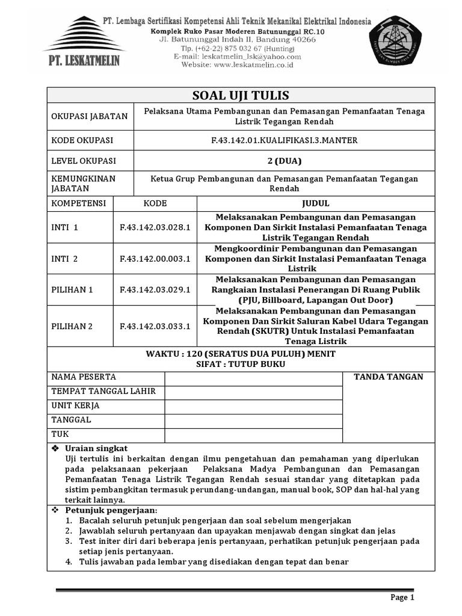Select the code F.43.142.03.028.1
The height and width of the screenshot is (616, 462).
click(x=155, y=228)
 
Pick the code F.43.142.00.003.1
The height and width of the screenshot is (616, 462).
click(x=155, y=259)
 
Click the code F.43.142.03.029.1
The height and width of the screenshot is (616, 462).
click(x=155, y=290)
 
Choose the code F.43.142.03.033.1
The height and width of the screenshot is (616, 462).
click(x=155, y=327)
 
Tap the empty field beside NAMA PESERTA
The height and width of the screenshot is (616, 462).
click(x=253, y=378)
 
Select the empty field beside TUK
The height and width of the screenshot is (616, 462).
click(x=253, y=434)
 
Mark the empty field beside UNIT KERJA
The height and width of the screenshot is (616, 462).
click(x=253, y=406)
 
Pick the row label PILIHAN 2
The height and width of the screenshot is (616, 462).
click(x=72, y=327)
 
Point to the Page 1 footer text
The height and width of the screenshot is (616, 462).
click(x=402, y=597)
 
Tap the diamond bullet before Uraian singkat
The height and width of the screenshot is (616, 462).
click(x=55, y=449)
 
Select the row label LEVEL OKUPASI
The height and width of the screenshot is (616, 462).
click(x=84, y=161)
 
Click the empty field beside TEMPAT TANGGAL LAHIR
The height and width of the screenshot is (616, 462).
click(x=253, y=392)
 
